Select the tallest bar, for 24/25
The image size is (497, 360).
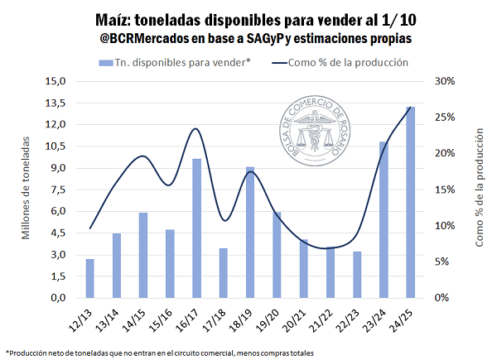point(411,202)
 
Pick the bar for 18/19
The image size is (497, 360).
point(250,232)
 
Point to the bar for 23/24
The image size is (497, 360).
point(384,219)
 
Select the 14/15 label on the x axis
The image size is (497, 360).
point(135,318)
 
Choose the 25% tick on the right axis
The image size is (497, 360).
point(444,118)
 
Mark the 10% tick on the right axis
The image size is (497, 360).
point(444,226)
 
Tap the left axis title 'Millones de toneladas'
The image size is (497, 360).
point(26,190)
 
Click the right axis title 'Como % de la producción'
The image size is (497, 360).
point(479,190)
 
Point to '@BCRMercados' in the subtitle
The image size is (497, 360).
point(144,38)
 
